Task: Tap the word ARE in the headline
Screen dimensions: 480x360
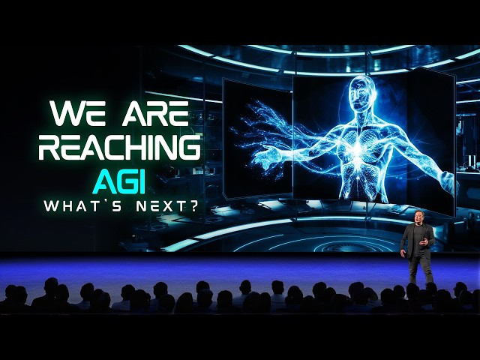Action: click(157, 113)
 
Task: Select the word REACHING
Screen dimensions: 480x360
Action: click(119, 147)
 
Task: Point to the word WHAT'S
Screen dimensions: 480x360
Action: click(82, 206)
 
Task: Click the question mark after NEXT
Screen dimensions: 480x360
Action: click(192, 206)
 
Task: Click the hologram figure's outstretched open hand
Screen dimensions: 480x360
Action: click(265, 155)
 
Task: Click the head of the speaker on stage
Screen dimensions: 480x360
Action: click(418, 217)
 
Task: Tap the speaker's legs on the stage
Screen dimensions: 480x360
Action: click(421, 270)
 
